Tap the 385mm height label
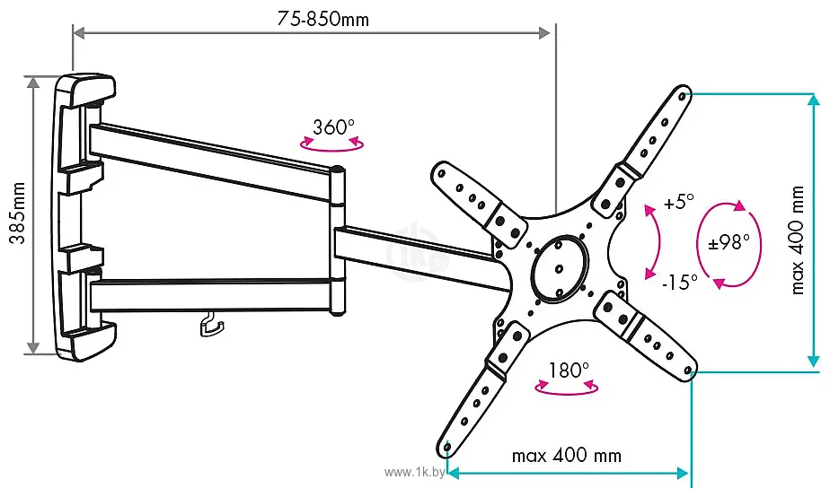pyautogui.click(x=16, y=216)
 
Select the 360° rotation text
pyautogui.click(x=334, y=126)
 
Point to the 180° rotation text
pyautogui.click(x=568, y=369)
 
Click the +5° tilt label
pyautogui.click(x=679, y=202)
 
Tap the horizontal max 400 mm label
pyautogui.click(x=566, y=456)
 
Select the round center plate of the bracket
pyautogui.click(x=558, y=267)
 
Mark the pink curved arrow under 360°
pyautogui.click(x=332, y=144)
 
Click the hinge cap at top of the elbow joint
pyautogui.click(x=338, y=170)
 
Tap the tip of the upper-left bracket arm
pyautogui.click(x=440, y=170)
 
